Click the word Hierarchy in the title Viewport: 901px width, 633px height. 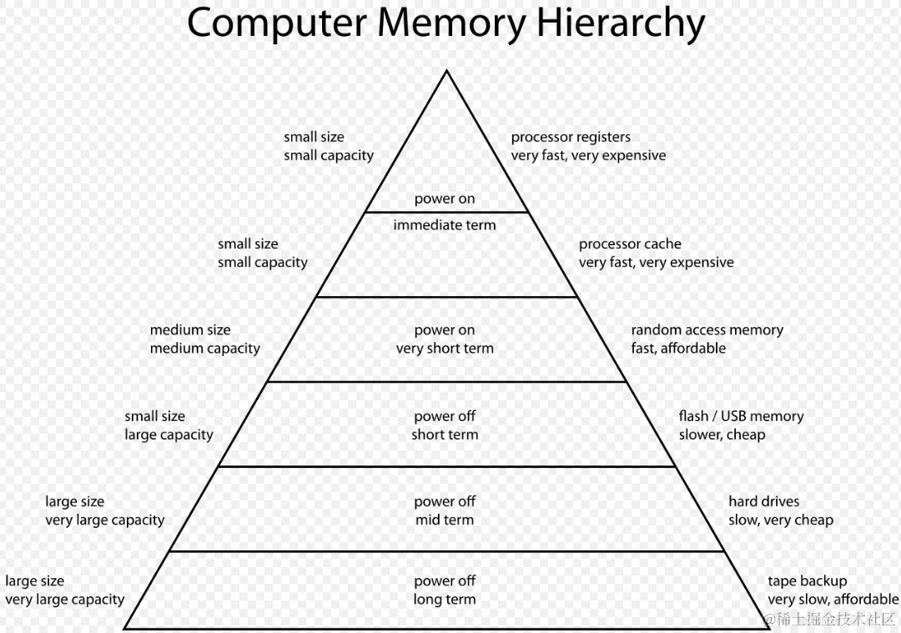[620, 24]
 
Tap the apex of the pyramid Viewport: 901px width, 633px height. [446, 71]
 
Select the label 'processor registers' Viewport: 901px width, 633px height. [571, 137]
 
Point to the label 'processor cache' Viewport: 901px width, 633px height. [630, 244]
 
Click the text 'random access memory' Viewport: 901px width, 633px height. [707, 329]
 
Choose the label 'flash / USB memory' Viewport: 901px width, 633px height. [741, 415]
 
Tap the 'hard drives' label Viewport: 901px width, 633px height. [763, 501]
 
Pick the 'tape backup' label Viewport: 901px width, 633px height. [807, 580]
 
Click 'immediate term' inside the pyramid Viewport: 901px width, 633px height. [445, 225]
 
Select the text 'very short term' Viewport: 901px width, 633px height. [445, 349]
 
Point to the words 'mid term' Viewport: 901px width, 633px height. [445, 520]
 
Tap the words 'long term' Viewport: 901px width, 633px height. [445, 600]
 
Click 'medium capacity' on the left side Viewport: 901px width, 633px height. [205, 349]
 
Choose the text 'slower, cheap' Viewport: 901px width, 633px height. [722, 435]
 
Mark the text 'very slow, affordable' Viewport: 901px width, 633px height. [833, 600]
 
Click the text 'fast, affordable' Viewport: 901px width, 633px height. [678, 349]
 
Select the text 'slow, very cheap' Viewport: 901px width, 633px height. [780, 520]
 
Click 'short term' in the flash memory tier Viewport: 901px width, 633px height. [445, 435]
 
